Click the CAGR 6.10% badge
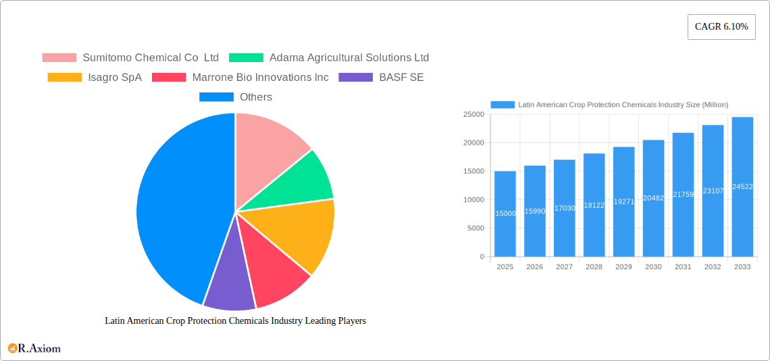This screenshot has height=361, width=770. point(721,26)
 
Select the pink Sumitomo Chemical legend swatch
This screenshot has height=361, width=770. point(59,58)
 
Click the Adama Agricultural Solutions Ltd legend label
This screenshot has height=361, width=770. point(349,58)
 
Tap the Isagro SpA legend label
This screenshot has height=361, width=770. point(115,78)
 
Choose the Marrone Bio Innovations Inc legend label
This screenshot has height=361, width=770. point(260,78)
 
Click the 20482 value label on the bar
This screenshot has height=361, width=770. point(653,198)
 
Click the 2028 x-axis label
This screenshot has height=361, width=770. point(594,267)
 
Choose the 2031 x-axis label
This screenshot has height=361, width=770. point(683,267)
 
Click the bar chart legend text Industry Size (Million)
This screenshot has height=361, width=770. point(622,105)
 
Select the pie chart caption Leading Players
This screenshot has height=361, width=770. point(235,321)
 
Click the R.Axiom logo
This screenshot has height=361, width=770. point(34,348)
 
